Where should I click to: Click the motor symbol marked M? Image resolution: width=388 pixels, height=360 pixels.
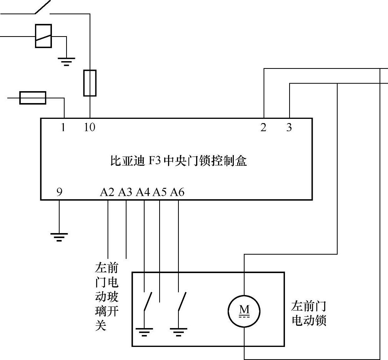(244, 310)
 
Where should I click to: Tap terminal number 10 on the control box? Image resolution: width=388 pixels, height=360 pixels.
(90, 127)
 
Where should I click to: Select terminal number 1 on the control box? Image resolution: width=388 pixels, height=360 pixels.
(63, 127)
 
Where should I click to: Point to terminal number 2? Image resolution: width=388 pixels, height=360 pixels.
(263, 128)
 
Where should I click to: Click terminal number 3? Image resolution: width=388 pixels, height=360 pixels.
(289, 128)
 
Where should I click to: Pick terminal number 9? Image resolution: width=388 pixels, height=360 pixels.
(59, 191)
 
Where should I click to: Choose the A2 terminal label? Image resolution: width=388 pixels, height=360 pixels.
(107, 192)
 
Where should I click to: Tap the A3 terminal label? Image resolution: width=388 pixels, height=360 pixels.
(125, 192)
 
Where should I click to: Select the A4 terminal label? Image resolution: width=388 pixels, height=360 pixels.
(143, 192)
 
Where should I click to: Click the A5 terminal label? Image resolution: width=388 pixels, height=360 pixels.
(160, 192)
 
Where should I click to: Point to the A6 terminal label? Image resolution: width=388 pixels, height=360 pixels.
(177, 192)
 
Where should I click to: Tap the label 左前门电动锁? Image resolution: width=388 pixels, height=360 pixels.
(309, 313)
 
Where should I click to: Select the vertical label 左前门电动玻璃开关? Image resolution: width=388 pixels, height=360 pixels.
(107, 296)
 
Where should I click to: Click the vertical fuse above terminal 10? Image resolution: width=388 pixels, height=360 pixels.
(90, 83)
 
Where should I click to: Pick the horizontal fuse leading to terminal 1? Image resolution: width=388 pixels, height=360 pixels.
(33, 98)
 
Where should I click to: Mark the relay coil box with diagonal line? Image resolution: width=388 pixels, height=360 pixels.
(43, 37)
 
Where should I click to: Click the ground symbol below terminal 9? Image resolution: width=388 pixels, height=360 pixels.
(59, 237)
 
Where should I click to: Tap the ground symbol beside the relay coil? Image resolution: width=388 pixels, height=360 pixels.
(67, 61)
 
